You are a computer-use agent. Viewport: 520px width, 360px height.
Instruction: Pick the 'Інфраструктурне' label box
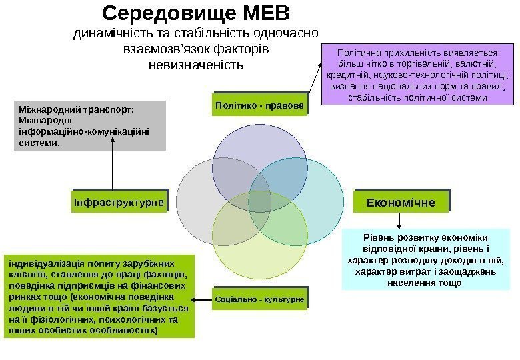119,201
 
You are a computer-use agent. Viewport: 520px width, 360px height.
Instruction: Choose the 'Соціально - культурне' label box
260,300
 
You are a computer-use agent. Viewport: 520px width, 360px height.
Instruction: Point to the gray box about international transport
89,125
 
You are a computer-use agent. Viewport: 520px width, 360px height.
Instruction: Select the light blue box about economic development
425,259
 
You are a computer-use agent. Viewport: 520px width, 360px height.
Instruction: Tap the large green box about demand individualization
99,295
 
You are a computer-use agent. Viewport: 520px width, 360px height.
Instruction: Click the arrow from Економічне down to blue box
399,221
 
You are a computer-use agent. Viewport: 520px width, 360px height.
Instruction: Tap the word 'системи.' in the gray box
40,142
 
